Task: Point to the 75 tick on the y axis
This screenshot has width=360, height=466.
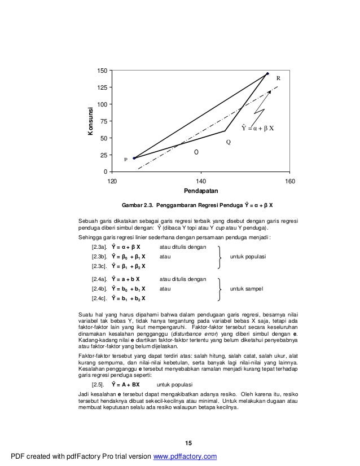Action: coord(103,121)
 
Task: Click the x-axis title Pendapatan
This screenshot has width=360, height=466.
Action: coord(200,191)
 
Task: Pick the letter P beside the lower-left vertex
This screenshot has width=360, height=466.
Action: coord(126,160)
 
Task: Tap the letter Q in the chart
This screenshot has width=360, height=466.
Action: coord(229,142)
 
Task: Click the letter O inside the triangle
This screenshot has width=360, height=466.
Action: coord(196,152)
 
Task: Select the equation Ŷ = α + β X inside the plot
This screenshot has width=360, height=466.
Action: coord(257,128)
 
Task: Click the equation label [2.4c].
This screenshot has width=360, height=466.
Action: coord(99,298)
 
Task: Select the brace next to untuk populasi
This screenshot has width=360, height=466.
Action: coord(219,257)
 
